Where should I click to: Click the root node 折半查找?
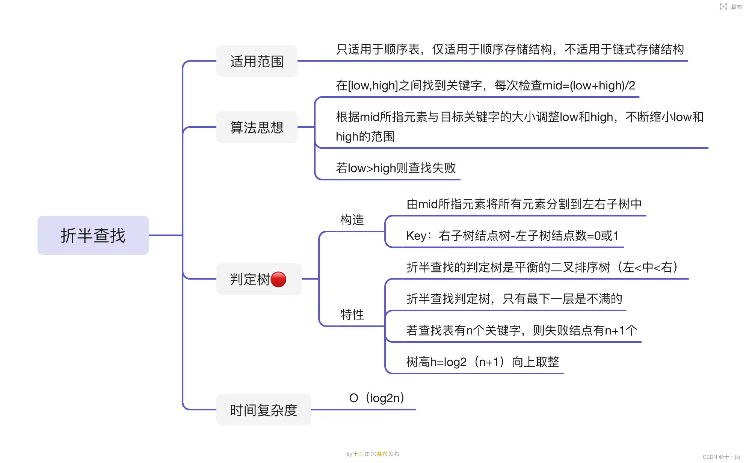point(93,235)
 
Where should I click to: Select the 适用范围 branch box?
point(257,61)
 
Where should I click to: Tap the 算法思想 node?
point(257,127)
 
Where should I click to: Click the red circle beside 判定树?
point(278,279)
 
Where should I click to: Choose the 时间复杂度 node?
point(263,410)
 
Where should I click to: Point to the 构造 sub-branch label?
point(352,220)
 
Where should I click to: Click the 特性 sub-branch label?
point(352,315)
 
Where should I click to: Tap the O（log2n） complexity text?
point(377,398)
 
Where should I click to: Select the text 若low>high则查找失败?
point(396,168)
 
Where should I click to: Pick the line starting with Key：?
point(512,236)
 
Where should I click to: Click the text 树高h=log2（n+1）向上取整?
point(483,362)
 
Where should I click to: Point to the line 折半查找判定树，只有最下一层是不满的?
point(514,299)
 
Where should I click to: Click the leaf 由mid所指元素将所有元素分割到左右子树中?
point(524,204)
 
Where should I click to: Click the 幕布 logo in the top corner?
point(730,6)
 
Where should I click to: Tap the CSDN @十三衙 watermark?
point(721,457)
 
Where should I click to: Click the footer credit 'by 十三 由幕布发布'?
point(373,454)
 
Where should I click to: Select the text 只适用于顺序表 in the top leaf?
point(378,49)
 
